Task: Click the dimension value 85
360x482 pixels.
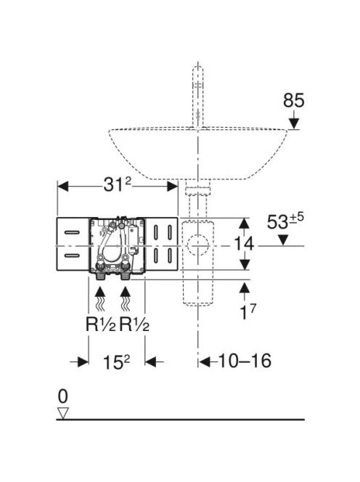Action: click(x=294, y=101)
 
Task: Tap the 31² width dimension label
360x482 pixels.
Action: click(x=117, y=184)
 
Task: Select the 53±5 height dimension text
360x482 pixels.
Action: click(x=285, y=221)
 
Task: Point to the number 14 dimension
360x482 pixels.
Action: click(x=244, y=244)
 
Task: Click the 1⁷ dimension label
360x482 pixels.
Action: click(x=247, y=311)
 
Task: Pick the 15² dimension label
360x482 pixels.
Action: click(x=117, y=361)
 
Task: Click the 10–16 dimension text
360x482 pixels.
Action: click(x=245, y=361)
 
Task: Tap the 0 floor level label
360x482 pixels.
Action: click(x=62, y=396)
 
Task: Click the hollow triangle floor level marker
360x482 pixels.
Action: click(x=63, y=413)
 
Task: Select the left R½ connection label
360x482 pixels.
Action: click(x=101, y=324)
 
